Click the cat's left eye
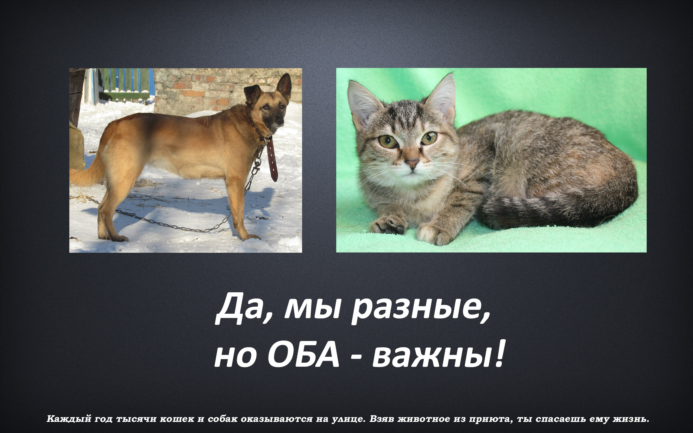pos(388,142)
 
